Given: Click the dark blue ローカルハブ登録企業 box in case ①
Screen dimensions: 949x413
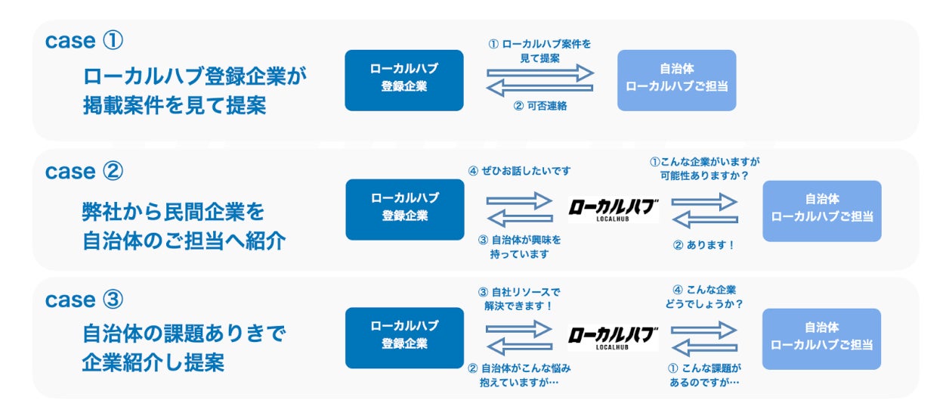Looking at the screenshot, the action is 404,80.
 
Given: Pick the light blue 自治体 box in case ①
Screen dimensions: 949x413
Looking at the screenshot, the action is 676,80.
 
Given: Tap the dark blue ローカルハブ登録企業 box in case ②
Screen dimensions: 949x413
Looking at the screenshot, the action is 405,210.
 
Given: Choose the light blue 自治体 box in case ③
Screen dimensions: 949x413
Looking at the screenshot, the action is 821,339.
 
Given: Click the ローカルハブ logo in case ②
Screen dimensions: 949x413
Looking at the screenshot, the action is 613,210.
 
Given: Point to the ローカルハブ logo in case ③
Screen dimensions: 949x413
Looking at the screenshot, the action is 613,338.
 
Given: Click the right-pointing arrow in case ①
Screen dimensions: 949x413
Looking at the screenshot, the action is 540,73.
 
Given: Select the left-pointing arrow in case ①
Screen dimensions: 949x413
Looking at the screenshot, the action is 540,88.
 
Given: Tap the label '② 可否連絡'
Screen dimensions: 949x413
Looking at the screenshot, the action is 539,107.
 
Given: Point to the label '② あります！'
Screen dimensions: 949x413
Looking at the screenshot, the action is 704,245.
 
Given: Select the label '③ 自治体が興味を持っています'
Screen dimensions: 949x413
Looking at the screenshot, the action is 519,247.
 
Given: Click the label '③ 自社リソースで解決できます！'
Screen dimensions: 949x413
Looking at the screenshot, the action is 519,299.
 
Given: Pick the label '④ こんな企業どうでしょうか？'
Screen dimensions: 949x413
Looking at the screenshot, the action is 704,297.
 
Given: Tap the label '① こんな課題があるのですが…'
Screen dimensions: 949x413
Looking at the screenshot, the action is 704,375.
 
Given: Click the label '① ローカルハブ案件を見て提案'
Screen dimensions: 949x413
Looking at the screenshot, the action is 539,51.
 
